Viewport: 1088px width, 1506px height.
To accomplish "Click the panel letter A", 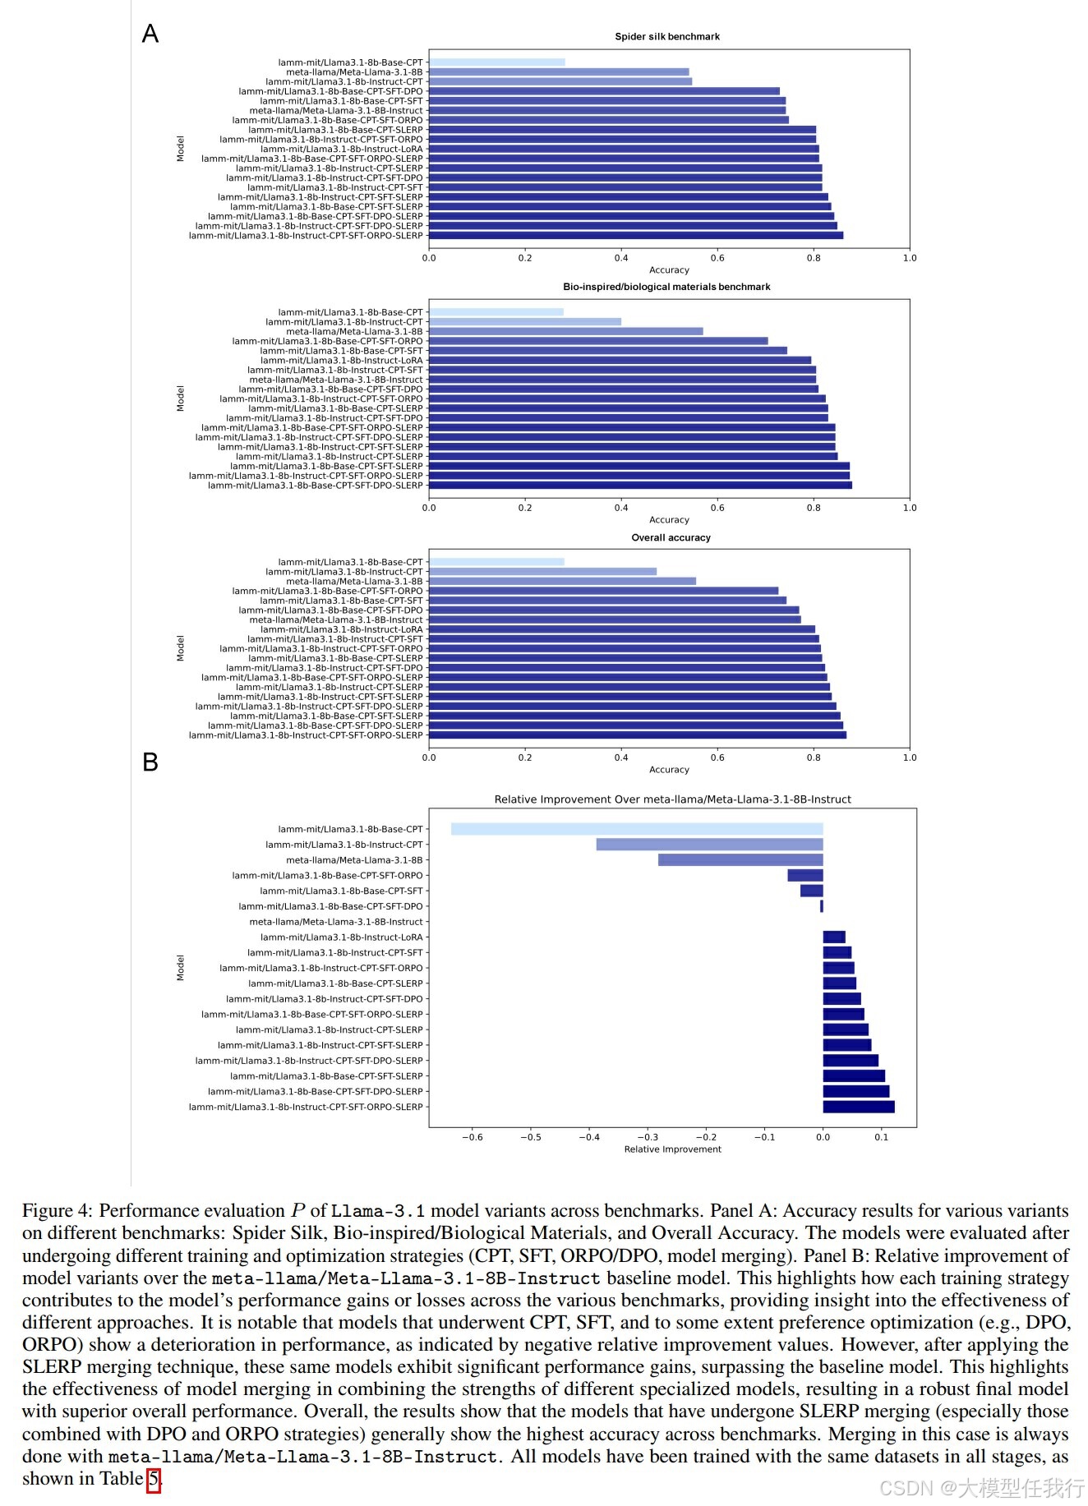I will pyautogui.click(x=150, y=34).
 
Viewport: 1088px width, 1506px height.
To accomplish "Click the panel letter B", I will pyautogui.click(x=150, y=762).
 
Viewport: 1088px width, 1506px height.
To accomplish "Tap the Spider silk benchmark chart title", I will pyautogui.click(x=667, y=37).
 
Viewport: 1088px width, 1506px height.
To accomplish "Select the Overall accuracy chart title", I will pyautogui.click(x=671, y=537).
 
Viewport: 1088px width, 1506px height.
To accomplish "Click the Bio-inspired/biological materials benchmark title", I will pyautogui.click(x=666, y=287).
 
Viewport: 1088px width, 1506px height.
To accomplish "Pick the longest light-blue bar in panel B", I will pyautogui.click(x=637, y=829).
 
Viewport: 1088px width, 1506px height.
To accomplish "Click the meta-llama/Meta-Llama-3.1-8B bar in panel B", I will pyautogui.click(x=740, y=860).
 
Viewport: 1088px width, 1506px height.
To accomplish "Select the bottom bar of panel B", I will pyautogui.click(x=859, y=1107).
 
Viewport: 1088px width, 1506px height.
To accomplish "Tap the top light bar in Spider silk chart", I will pyautogui.click(x=497, y=62).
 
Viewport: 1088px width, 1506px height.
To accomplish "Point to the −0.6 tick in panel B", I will pyautogui.click(x=472, y=1137).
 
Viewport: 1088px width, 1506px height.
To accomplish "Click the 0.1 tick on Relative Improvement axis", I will pyautogui.click(x=882, y=1137).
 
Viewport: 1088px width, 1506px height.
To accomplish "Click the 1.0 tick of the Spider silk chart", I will pyautogui.click(x=910, y=258).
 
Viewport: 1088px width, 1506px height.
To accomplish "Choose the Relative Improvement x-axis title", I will pyautogui.click(x=672, y=1149).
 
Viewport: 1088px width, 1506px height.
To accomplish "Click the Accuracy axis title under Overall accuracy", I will pyautogui.click(x=669, y=770).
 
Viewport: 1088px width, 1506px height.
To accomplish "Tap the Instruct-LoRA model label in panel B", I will pyautogui.click(x=341, y=937).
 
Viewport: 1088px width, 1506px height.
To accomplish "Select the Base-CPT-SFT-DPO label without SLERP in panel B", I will pyautogui.click(x=330, y=906).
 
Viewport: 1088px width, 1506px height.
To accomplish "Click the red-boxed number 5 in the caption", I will pyautogui.click(x=154, y=1479).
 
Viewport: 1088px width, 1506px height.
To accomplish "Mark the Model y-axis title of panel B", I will pyautogui.click(x=181, y=968).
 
